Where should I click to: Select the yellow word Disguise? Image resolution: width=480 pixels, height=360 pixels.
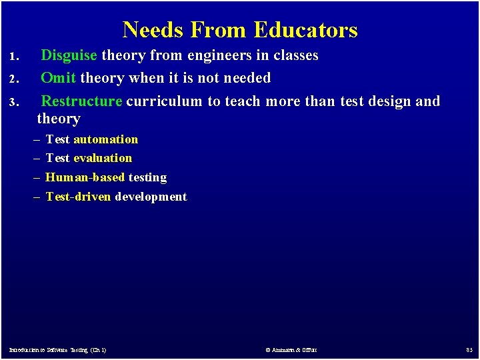click(69, 55)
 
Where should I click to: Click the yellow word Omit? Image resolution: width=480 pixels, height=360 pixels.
click(58, 78)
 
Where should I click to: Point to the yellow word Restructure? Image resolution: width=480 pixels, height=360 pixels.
click(81, 101)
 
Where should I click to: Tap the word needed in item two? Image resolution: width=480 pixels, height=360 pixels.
click(247, 78)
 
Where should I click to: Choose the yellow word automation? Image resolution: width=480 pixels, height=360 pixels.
click(105, 139)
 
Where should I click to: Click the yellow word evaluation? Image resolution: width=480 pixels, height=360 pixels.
click(103, 158)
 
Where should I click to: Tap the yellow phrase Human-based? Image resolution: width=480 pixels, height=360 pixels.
click(85, 177)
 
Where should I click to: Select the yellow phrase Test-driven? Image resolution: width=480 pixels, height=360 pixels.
click(78, 197)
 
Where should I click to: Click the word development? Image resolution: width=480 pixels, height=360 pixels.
click(151, 197)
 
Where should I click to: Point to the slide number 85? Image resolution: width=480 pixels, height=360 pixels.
click(469, 350)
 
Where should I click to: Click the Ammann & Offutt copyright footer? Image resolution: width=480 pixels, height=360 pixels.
click(291, 350)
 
